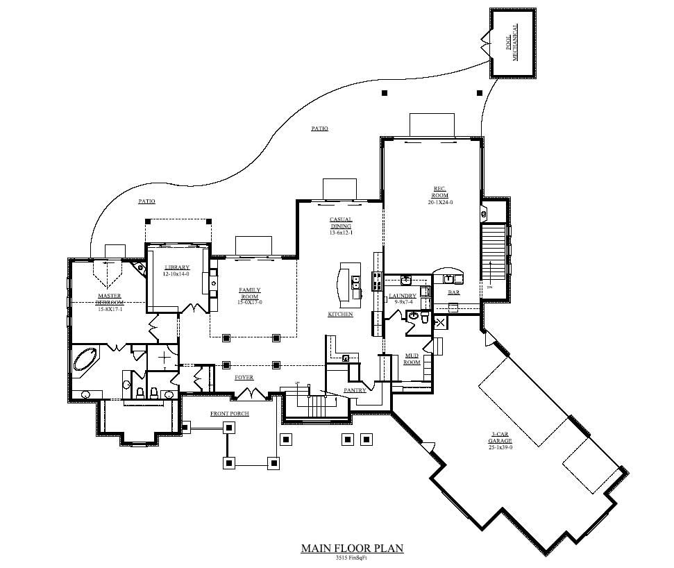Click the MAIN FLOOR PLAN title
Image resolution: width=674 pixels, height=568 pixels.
tap(352, 548)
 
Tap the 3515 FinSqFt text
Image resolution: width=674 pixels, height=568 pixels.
tap(352, 558)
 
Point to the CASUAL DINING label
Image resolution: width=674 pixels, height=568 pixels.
tap(340, 223)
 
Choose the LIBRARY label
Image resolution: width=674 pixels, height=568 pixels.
tap(177, 268)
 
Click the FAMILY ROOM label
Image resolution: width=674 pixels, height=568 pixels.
tap(250, 293)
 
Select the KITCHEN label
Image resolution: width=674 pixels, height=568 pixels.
tap(340, 315)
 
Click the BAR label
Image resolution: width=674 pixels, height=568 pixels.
tap(454, 292)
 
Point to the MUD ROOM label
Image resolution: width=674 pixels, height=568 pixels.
tap(412, 359)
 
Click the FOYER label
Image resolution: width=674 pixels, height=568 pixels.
tap(244, 377)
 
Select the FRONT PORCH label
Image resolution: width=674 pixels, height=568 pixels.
tap(229, 413)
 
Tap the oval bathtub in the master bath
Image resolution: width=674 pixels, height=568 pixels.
tap(87, 360)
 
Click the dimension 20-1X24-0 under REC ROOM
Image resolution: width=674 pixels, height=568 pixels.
tap(440, 203)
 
